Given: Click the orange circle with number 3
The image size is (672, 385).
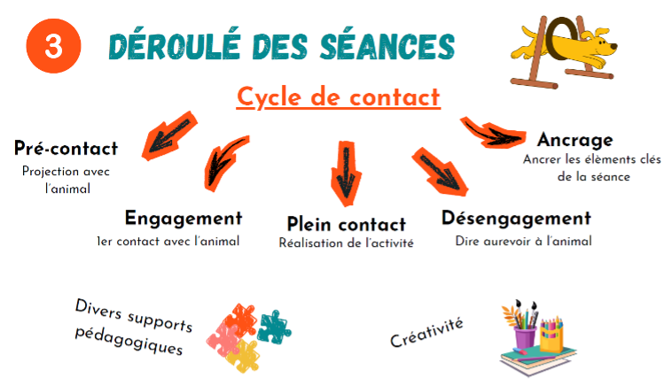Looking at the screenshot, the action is point(53,46).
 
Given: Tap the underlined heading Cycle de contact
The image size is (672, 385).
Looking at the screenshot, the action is point(338,97).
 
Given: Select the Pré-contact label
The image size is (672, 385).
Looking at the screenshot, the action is point(66,148).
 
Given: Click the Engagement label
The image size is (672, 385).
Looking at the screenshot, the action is point(184,219).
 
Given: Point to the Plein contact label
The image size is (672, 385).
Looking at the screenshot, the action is point(347,224).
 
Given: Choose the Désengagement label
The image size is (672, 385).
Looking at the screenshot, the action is point(517,218).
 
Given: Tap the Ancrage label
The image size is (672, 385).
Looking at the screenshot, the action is point(575,140).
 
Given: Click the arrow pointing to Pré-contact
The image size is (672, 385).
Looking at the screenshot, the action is point(169,135).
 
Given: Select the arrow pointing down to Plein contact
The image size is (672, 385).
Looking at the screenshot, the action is point(346,173).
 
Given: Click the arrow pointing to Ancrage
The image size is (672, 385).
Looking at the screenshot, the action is point(494,133).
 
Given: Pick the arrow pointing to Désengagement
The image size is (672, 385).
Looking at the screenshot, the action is point(440,172).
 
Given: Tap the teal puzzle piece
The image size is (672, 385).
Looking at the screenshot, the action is point(274,327).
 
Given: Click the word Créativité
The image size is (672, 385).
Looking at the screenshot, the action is point(426,333).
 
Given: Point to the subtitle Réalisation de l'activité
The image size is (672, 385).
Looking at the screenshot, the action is point(347,243).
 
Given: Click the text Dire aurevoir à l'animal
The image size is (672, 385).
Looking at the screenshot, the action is point(523,242).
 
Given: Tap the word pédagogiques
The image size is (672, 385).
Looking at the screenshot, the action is point(129,341).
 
